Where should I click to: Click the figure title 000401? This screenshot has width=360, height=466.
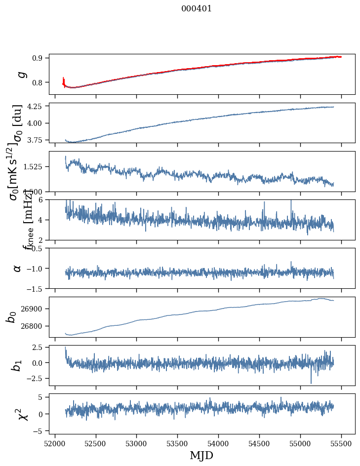[197, 8]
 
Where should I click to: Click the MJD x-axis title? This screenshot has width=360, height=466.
[201, 456]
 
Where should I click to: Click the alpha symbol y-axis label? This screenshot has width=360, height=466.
[17, 268]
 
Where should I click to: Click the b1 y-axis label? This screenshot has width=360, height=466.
[16, 365]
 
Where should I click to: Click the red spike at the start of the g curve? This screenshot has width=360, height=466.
[64, 80]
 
